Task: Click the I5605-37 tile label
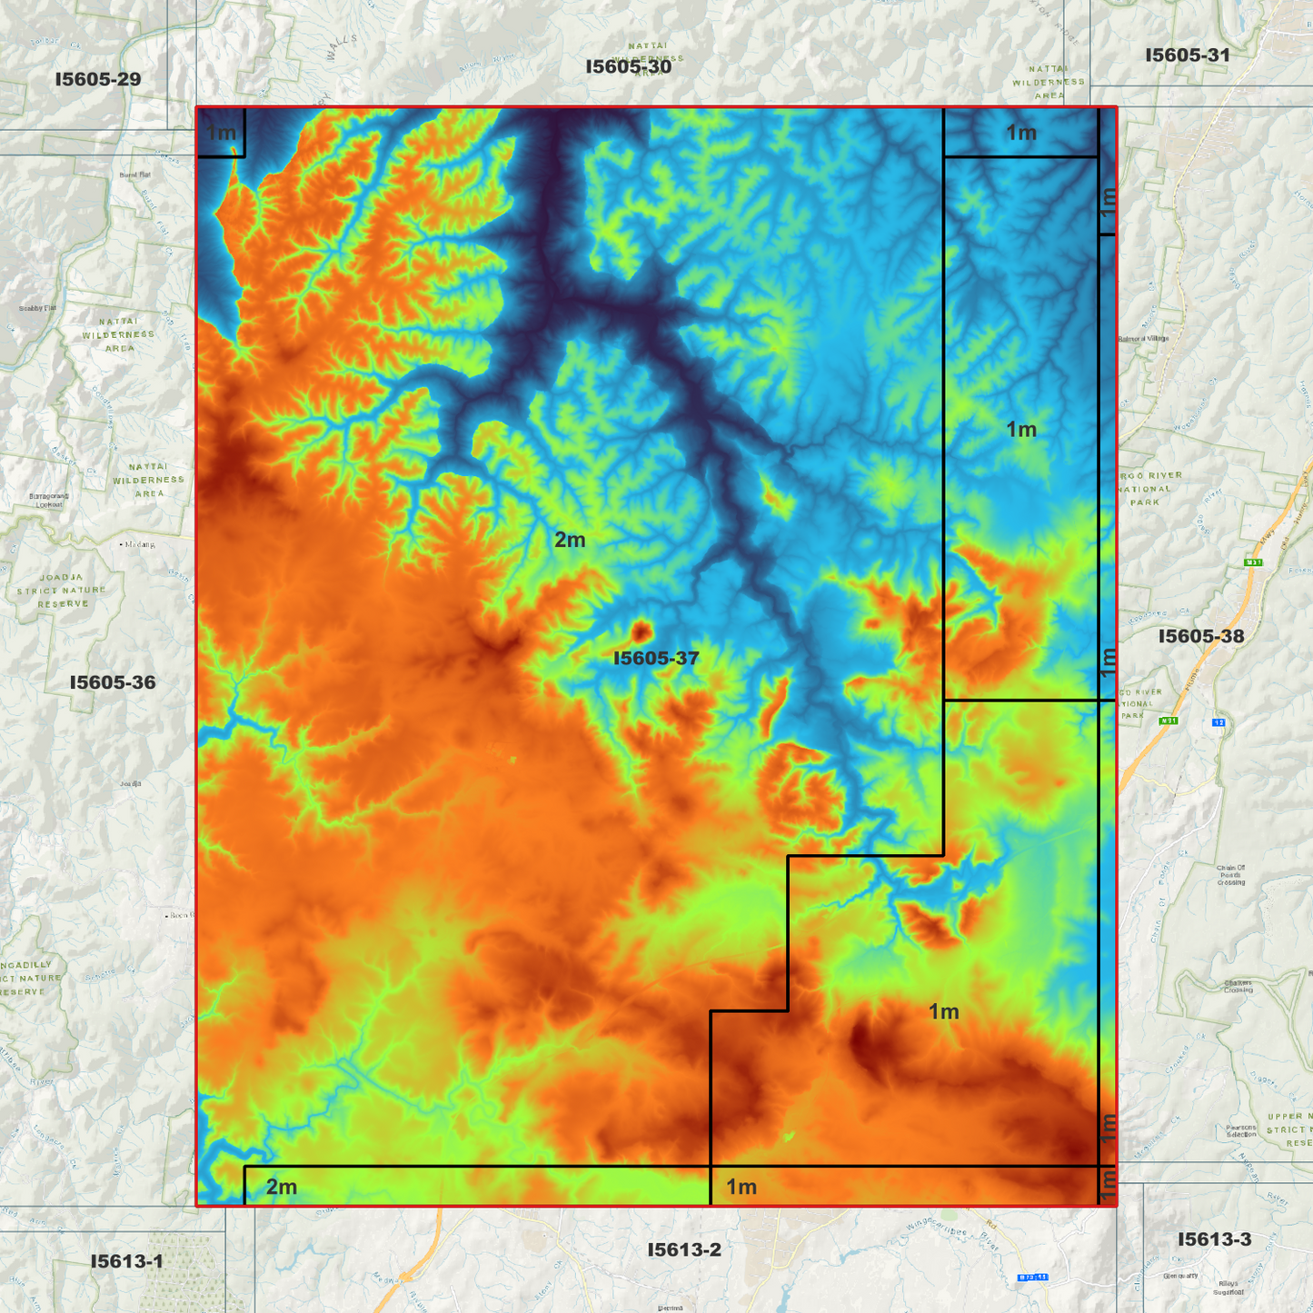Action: (x=656, y=658)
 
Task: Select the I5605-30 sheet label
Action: (x=629, y=66)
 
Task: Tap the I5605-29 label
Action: (x=98, y=79)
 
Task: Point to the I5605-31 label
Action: (x=1188, y=55)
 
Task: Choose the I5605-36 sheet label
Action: (x=113, y=682)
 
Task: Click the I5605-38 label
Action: (x=1201, y=636)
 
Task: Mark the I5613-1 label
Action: (x=127, y=1261)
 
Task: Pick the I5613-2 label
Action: (x=684, y=1250)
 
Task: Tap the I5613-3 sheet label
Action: (x=1215, y=1239)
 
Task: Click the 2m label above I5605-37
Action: (x=570, y=540)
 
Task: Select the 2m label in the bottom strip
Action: (x=282, y=1187)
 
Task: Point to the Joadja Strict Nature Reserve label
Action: (x=61, y=590)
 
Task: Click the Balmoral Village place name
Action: (x=1143, y=338)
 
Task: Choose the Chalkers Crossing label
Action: (x=1238, y=986)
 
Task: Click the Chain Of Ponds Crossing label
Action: (x=1231, y=875)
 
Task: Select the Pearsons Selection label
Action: (x=1240, y=1131)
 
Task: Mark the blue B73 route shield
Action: (x=1032, y=1277)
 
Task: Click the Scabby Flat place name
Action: (x=37, y=308)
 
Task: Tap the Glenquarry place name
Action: (x=1180, y=1276)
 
